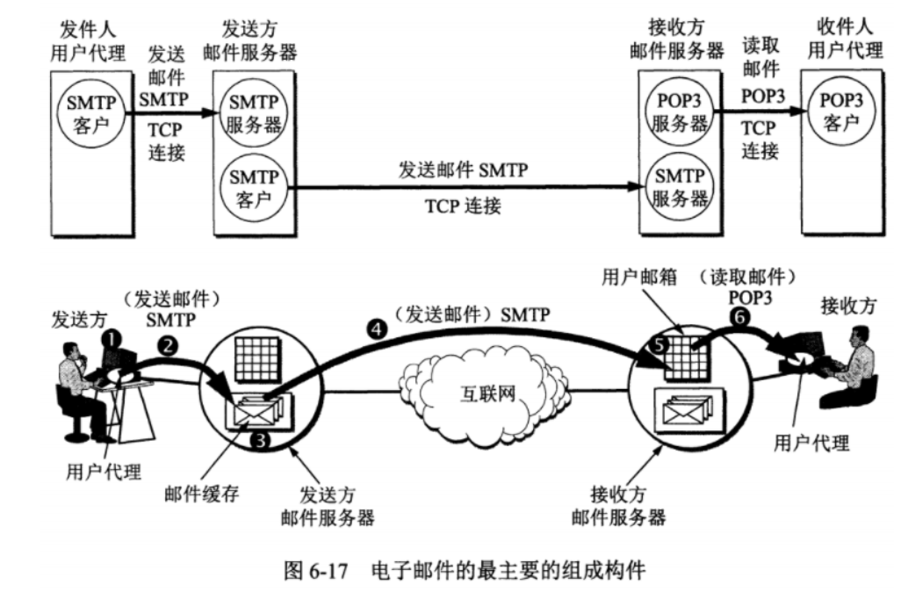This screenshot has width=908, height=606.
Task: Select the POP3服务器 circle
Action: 680,112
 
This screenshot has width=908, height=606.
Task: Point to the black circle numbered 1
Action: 112,336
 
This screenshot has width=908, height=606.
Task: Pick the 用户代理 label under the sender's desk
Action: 103,472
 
